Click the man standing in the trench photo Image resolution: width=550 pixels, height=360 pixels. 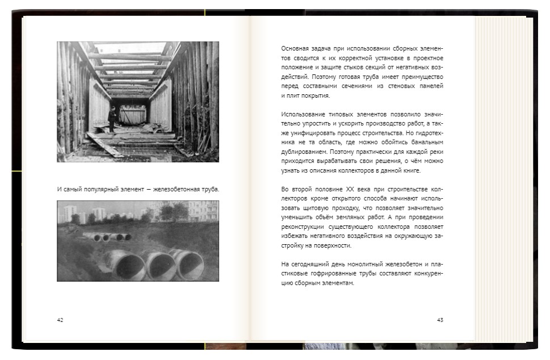112,119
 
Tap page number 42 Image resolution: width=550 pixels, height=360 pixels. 60,320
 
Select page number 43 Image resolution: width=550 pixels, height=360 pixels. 440,320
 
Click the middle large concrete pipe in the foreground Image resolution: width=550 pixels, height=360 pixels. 161,265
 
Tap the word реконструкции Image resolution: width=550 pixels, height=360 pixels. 304,227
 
